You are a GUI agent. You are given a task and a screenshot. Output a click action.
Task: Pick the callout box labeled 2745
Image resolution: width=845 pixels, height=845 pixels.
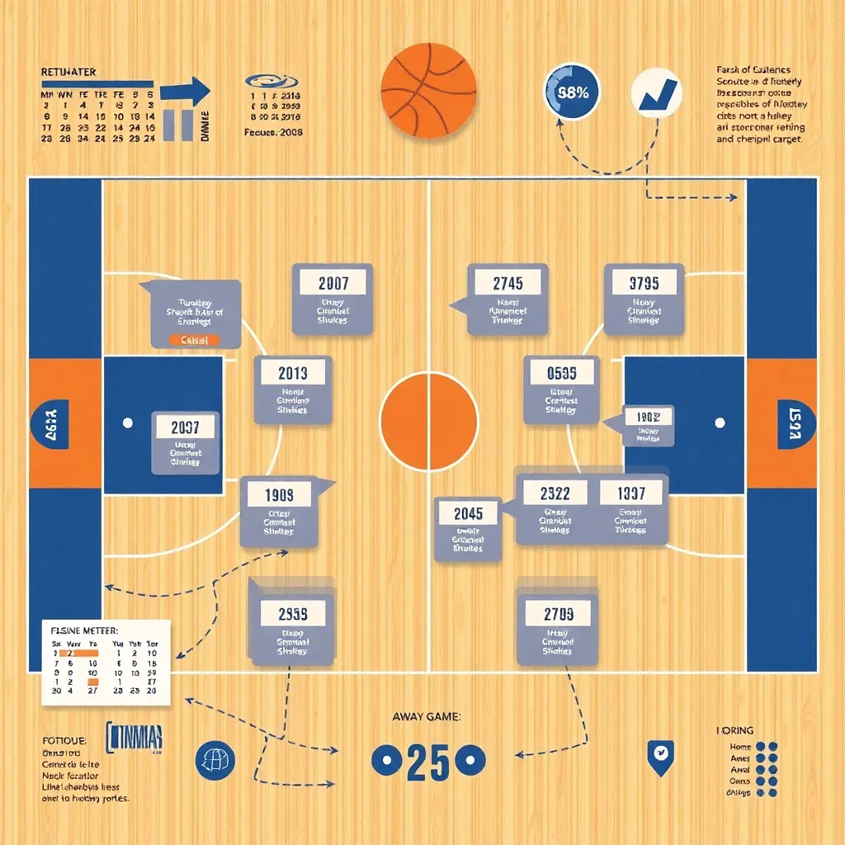(507, 299)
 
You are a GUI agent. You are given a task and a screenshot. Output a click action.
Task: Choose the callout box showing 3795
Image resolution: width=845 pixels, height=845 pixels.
(644, 299)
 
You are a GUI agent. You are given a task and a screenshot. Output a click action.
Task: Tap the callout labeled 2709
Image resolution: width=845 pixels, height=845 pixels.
(558, 627)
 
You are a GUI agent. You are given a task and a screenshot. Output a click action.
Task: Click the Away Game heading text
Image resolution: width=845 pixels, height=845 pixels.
(427, 717)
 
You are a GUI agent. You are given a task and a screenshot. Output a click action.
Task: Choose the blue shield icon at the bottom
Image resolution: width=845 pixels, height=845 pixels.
(660, 756)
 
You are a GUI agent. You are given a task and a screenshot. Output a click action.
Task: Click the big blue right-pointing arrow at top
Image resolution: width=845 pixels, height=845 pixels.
(186, 92)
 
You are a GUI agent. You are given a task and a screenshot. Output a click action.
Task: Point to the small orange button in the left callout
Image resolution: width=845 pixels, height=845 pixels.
(195, 340)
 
